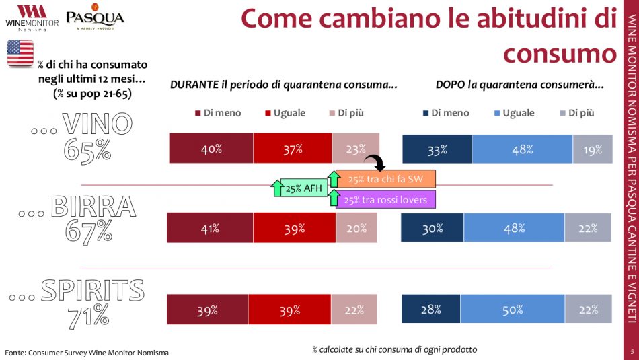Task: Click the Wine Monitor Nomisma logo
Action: click(31, 17)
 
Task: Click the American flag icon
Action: click(20, 52)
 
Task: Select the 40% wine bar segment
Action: click(211, 149)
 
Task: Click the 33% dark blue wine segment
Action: click(437, 150)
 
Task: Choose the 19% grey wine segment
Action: click(593, 150)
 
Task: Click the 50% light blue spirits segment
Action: click(512, 310)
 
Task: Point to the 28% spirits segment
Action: click(430, 310)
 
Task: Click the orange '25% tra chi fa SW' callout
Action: click(385, 178)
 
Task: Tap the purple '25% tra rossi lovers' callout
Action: click(385, 199)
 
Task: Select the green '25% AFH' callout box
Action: click(303, 188)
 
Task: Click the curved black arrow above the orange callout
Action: click(374, 161)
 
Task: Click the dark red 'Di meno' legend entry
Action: click(217, 113)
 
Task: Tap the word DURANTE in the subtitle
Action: click(194, 85)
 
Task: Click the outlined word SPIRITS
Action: click(92, 291)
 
